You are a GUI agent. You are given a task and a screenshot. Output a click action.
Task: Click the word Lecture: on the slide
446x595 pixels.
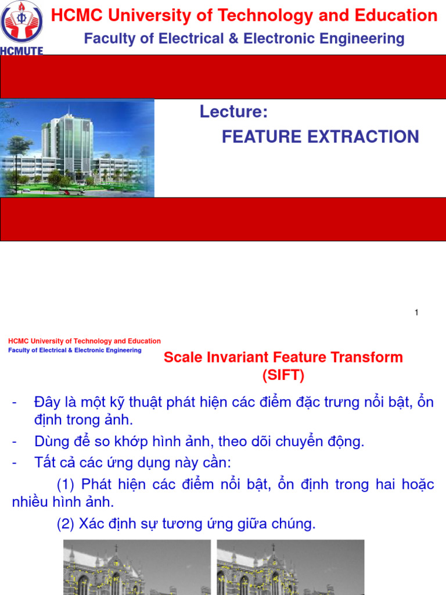234,112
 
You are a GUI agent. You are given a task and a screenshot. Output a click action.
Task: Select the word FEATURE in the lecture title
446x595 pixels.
259,137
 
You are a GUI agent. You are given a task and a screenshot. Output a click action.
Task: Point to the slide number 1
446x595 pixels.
416,313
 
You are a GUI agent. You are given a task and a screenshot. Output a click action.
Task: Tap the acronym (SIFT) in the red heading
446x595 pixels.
283,375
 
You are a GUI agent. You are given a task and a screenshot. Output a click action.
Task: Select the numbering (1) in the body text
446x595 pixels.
67,484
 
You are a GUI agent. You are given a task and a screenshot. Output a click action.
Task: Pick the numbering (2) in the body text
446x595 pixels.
67,524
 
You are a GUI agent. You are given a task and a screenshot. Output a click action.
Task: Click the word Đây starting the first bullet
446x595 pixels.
46,402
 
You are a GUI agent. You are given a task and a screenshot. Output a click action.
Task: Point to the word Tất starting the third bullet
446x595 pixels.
45,463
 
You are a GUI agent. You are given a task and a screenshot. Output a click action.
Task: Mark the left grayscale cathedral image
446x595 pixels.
136,567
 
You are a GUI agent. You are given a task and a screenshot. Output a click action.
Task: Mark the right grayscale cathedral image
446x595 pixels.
290,567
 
